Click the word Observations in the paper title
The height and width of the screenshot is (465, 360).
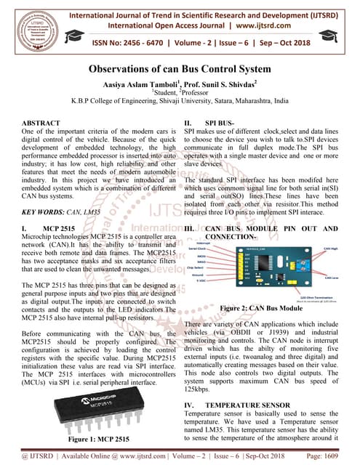pos(121,69)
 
